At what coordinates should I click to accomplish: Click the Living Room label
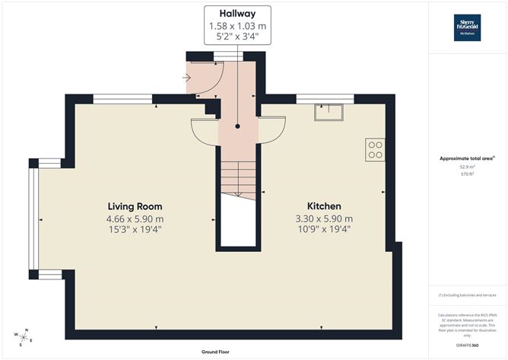coord(135,206)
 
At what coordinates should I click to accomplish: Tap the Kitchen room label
coord(323,206)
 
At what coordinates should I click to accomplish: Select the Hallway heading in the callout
coord(237,14)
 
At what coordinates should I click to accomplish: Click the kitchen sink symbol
coord(329,112)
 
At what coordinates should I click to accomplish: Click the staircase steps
coord(237,180)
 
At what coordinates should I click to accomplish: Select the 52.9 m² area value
coord(466,167)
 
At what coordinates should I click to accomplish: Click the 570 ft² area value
coord(466,174)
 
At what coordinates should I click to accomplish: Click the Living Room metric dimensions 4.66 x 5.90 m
coord(135,218)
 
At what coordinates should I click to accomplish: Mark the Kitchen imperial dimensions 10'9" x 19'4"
coord(323,229)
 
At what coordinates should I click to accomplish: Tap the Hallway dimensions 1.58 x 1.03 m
coord(237,26)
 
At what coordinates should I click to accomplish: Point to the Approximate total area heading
coord(466,158)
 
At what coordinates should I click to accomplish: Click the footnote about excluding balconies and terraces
coord(466,295)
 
